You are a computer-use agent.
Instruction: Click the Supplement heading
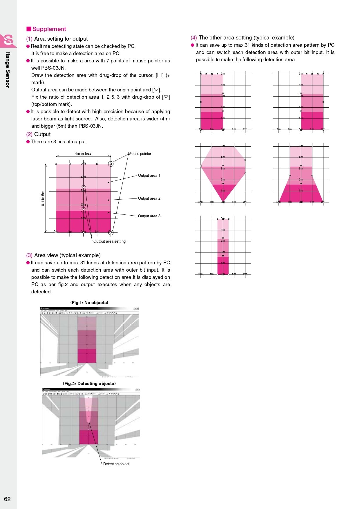pos(49,29)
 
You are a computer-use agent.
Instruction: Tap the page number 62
pos(7,499)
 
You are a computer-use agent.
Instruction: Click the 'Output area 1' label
pos(149,176)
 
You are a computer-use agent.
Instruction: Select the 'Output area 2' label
pos(149,198)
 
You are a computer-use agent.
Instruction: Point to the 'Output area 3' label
pos(149,216)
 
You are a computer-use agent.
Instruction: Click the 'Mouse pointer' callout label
pos(140,154)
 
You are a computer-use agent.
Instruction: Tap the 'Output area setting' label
pos(109,241)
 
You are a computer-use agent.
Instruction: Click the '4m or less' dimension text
pos(83,154)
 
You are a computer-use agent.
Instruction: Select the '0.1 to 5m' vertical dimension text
pos(43,198)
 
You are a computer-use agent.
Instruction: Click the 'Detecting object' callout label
pos(116,464)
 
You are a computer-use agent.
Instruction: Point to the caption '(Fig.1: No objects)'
pos(89,303)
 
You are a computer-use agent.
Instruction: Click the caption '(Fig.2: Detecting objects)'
pos(89,384)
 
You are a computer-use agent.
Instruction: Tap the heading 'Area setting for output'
pos(61,39)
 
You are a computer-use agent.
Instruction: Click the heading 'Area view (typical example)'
pos(67,255)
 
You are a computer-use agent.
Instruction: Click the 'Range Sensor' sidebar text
pos(8,70)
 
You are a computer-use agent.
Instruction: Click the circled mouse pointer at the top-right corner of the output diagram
pos(111,164)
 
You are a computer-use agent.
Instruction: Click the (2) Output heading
pos(42,134)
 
